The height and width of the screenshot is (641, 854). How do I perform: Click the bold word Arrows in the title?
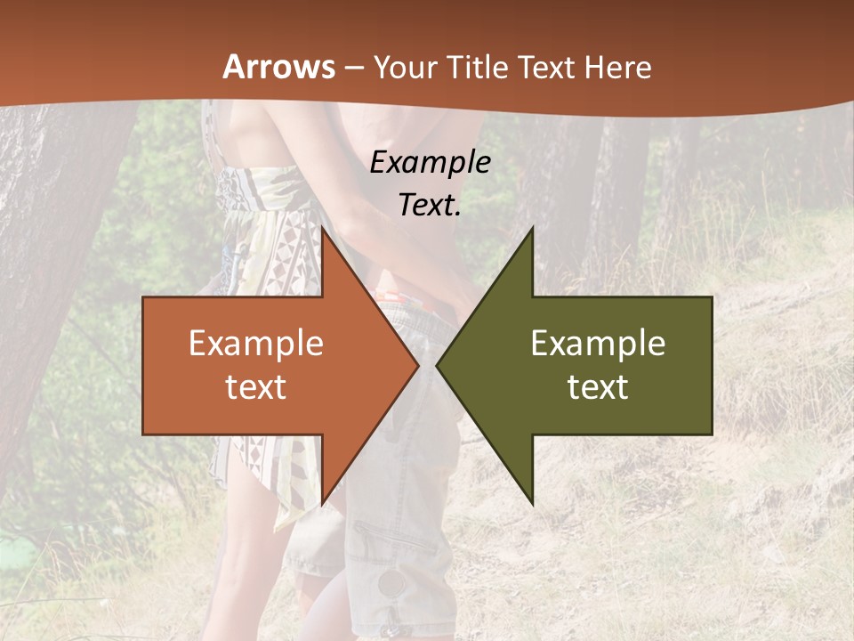(x=279, y=67)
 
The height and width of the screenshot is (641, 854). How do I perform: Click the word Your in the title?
(x=406, y=68)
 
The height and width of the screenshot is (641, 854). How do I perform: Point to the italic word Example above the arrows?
(x=431, y=163)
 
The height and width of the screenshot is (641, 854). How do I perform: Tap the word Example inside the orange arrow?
(x=256, y=344)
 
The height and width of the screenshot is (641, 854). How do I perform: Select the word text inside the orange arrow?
(x=256, y=386)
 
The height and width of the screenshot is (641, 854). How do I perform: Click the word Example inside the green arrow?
(x=598, y=344)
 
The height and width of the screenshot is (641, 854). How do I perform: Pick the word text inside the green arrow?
(x=598, y=386)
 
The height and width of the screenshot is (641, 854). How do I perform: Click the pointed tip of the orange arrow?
(x=418, y=365)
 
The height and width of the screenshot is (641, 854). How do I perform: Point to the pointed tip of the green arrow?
(x=437, y=365)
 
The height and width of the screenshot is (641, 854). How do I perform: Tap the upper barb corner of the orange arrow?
(x=322, y=228)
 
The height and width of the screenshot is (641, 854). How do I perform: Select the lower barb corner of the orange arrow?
(x=322, y=504)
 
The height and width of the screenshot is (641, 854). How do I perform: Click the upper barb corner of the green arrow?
(x=532, y=228)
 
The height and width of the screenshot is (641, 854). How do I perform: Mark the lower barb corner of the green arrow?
(x=532, y=504)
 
